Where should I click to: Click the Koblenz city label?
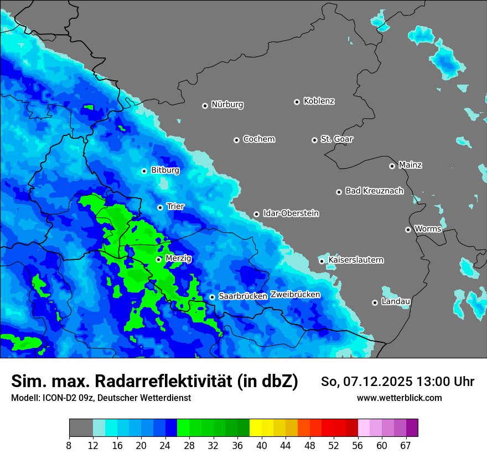pos(319,101)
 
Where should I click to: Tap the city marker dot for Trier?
pos(160,207)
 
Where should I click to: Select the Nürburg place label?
pos(227,105)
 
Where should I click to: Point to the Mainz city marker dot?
pos(392,166)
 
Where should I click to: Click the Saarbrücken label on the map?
pos(243,296)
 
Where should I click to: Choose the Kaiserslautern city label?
pos(355,260)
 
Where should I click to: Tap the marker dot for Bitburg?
pos(144,171)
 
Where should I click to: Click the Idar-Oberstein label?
pos(291,213)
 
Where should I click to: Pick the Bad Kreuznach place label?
pos(374,191)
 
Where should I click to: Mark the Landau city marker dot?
pos(375,302)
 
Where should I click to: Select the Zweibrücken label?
pos(295,295)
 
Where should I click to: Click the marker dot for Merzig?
pos(158,259)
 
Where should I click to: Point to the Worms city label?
pos(428,229)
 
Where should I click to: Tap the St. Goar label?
pos(336,139)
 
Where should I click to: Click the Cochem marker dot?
pos(236,140)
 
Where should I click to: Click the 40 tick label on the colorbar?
pos(261,445)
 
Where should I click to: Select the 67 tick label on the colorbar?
pos(406,445)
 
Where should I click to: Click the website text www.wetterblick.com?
pos(399,398)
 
